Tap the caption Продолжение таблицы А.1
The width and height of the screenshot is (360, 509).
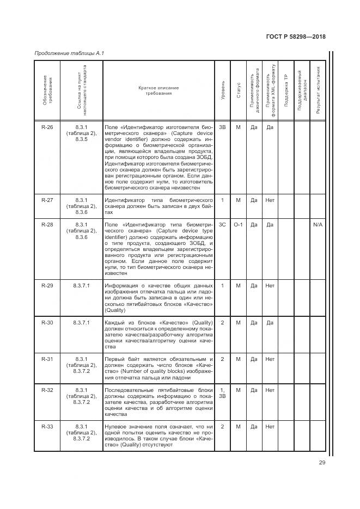click(x=69, y=53)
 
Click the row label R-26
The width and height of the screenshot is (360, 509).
click(x=47, y=127)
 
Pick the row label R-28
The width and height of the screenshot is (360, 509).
click(x=47, y=224)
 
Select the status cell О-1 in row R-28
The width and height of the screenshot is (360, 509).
click(x=238, y=224)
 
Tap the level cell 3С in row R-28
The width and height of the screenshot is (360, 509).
click(x=222, y=224)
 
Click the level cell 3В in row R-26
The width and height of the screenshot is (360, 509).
click(x=222, y=127)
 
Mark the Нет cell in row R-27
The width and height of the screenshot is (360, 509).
click(x=270, y=200)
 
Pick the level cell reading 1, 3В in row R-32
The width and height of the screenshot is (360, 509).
click(x=222, y=393)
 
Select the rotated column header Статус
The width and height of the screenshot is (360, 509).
click(x=238, y=90)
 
